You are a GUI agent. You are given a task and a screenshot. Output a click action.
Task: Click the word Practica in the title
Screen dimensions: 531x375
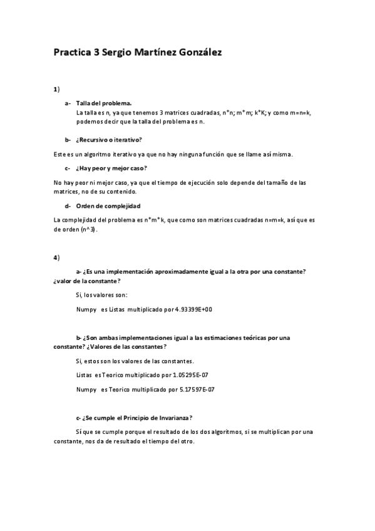tap(71, 53)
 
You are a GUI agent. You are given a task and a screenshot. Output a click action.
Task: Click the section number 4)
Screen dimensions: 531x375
tap(56, 257)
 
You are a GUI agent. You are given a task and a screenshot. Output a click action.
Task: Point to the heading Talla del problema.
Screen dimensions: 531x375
tap(103, 103)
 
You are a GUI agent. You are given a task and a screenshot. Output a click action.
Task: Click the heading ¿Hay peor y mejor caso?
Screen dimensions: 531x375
tap(111, 168)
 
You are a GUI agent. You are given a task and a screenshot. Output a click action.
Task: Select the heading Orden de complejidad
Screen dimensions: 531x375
tap(108, 206)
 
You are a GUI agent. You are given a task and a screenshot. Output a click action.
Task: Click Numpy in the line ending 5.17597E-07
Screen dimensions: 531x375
tap(85, 389)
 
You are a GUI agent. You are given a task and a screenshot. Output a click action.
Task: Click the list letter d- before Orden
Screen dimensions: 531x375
tap(67, 206)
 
